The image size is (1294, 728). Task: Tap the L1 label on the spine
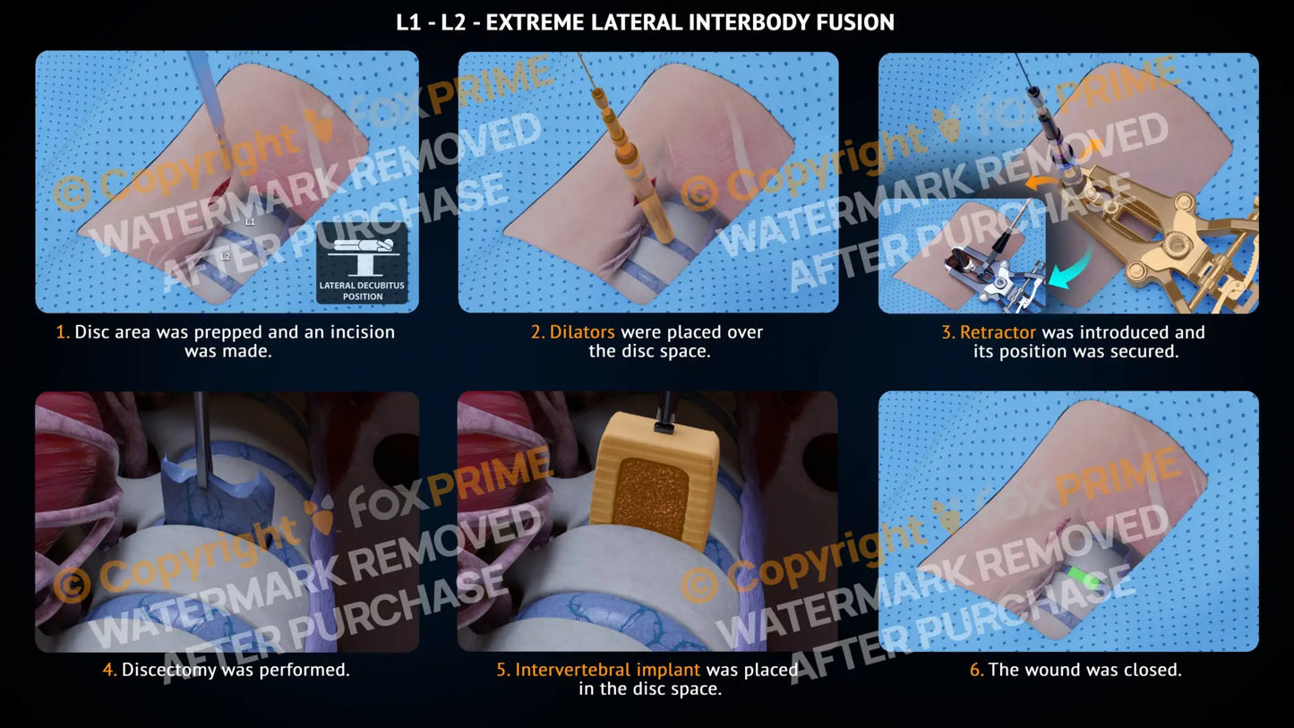[250, 222]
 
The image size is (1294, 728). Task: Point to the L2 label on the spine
[226, 256]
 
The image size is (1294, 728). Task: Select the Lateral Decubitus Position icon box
[362, 263]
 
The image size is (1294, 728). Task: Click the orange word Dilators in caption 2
[582, 331]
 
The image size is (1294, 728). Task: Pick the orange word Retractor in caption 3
[998, 332]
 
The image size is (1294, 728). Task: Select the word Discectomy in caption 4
[169, 670]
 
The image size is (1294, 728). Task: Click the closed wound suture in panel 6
[1060, 527]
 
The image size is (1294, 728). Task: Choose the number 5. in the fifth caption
[503, 670]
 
